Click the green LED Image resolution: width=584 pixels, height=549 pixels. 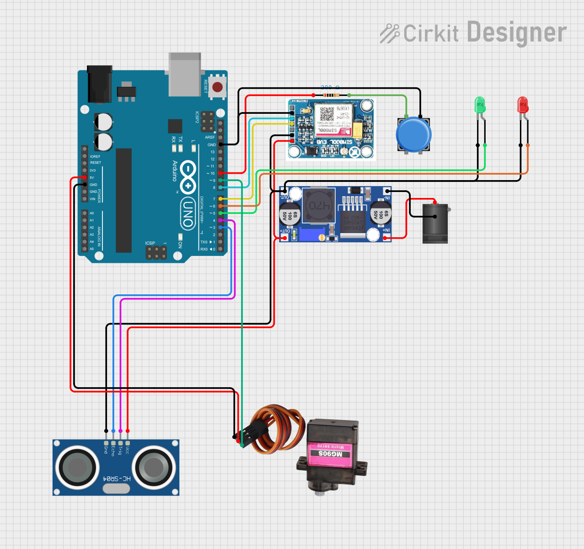click(480, 105)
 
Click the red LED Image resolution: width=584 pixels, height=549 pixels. click(522, 105)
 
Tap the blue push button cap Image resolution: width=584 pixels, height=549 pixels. click(413, 134)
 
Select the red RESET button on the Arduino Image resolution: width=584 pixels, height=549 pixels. click(218, 86)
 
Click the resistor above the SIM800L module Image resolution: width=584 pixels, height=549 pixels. click(331, 95)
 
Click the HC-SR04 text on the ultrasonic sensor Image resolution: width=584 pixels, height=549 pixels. click(117, 478)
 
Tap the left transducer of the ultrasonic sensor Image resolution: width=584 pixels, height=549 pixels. click(77, 467)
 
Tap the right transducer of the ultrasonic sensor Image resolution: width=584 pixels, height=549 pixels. click(154, 467)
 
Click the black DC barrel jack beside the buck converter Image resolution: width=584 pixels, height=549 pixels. click(435, 223)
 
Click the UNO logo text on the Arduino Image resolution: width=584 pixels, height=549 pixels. click(187, 213)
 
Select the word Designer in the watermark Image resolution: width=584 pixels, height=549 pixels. click(517, 33)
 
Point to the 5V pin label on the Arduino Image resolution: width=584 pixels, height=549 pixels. click(92, 177)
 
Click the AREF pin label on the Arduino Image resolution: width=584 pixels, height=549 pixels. click(209, 137)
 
